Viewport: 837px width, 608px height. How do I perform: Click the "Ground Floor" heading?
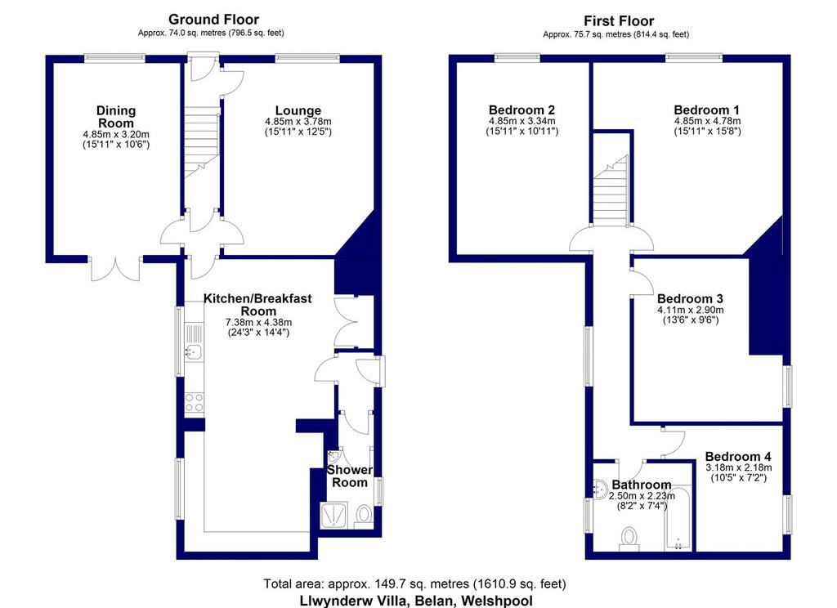click(213, 20)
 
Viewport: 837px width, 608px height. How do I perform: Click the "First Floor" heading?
click(619, 21)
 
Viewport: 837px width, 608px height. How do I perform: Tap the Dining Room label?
click(116, 117)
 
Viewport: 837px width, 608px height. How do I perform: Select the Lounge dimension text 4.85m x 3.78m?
click(298, 122)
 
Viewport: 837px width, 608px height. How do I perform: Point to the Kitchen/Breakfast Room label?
click(257, 305)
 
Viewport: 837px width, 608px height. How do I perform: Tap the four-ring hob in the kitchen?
click(194, 402)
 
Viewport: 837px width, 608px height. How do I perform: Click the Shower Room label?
click(350, 476)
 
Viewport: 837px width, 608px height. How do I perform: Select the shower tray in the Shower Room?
click(333, 515)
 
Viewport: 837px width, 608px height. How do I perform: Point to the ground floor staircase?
click(203, 141)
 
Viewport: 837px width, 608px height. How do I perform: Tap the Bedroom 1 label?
click(707, 110)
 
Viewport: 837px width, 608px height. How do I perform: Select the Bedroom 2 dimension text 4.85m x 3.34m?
click(522, 121)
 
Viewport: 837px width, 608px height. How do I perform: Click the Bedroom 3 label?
click(690, 299)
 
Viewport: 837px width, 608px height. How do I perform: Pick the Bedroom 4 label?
click(738, 456)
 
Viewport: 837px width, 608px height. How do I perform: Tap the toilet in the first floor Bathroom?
click(629, 538)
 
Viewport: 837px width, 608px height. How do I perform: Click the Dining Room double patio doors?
click(115, 269)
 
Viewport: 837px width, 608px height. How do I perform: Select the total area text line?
click(414, 583)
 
